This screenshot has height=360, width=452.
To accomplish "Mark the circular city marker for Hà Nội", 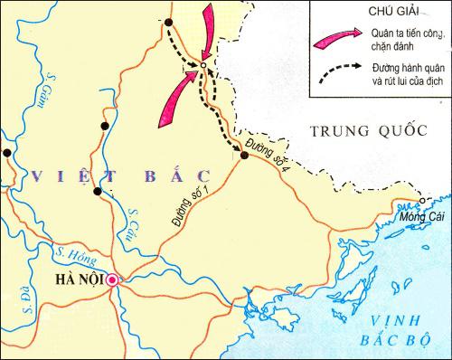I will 112,280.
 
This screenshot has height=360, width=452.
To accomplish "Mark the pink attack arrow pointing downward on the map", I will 208,25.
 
